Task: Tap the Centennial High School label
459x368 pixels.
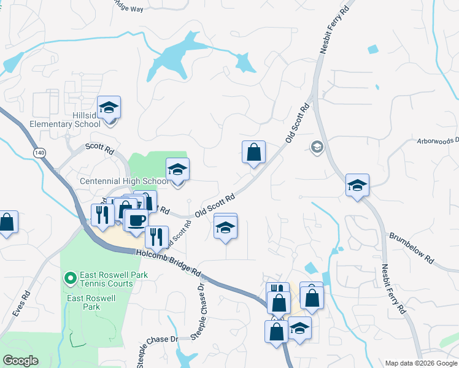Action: (x=125, y=182)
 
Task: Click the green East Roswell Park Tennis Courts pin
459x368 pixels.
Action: (x=70, y=279)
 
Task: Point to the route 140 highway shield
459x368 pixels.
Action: (x=40, y=152)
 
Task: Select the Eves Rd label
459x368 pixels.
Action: (x=20, y=304)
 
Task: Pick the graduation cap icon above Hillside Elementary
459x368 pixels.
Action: (x=109, y=107)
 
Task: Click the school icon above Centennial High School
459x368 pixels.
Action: (x=177, y=169)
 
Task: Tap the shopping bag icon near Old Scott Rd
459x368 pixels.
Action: (x=253, y=151)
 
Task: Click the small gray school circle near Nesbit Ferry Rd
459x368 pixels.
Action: (x=317, y=146)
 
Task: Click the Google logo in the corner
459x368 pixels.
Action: (x=20, y=361)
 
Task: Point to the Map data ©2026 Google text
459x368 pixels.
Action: (x=421, y=363)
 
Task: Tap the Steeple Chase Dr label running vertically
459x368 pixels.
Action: (x=201, y=310)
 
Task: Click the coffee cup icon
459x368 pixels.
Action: (x=136, y=220)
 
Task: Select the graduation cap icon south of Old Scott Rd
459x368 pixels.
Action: (x=226, y=228)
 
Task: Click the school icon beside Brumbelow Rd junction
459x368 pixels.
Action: (x=357, y=185)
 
